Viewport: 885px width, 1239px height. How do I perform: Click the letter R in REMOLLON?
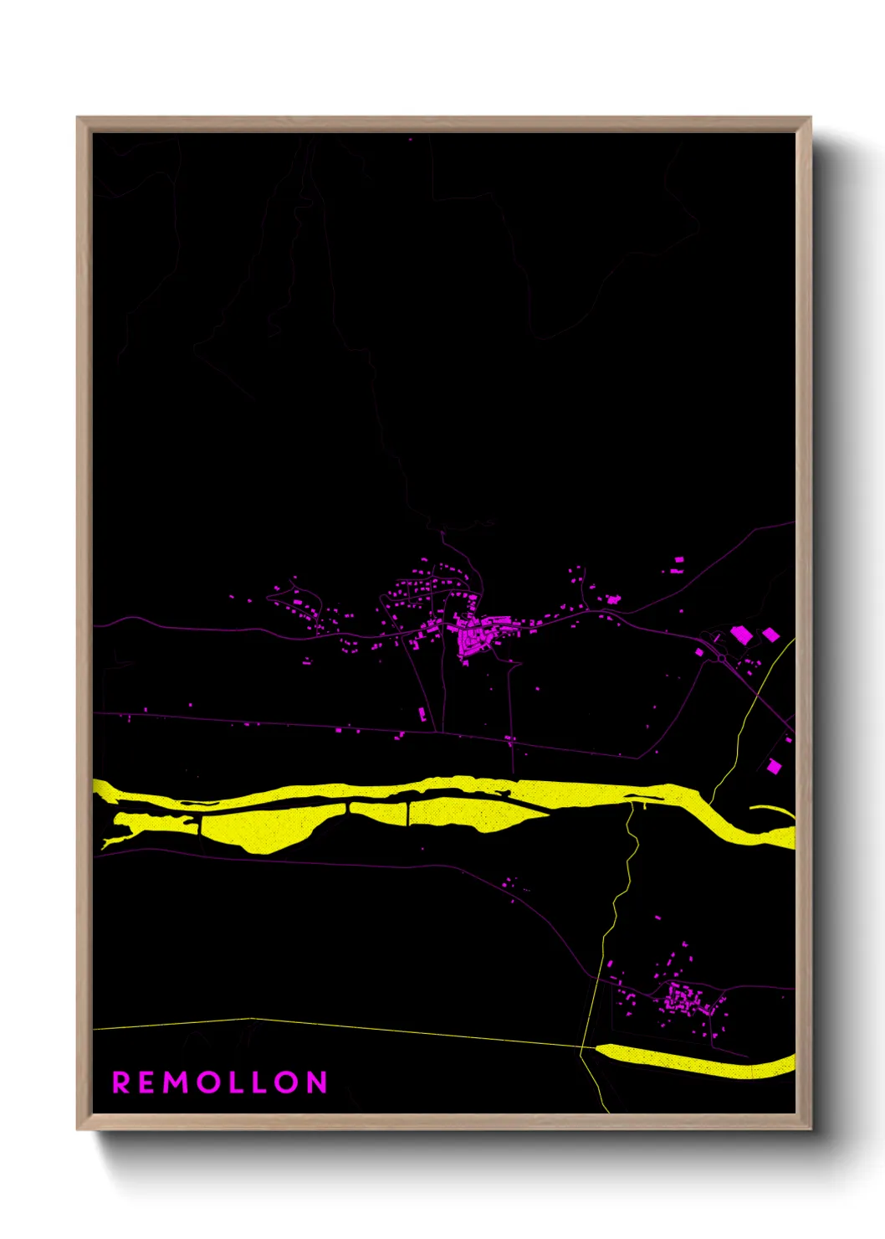coord(120,1082)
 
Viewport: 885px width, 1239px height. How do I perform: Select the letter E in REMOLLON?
coord(148,1082)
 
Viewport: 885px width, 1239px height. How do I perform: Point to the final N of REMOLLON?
coord(316,1082)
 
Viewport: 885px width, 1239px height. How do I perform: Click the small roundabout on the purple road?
coord(721,659)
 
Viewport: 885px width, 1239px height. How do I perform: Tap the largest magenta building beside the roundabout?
coord(740,635)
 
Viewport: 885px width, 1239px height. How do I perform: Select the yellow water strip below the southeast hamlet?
coord(694,1061)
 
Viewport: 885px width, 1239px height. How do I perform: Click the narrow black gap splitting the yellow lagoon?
coord(408,812)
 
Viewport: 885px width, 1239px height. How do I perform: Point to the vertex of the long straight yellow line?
coord(251,1019)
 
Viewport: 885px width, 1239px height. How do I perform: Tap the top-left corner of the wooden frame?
coord(78,118)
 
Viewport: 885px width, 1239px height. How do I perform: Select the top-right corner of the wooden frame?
coord(810,118)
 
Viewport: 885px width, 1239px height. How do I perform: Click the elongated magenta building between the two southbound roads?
coord(422,713)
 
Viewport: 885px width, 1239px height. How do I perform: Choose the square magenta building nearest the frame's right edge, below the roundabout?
coord(774,765)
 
